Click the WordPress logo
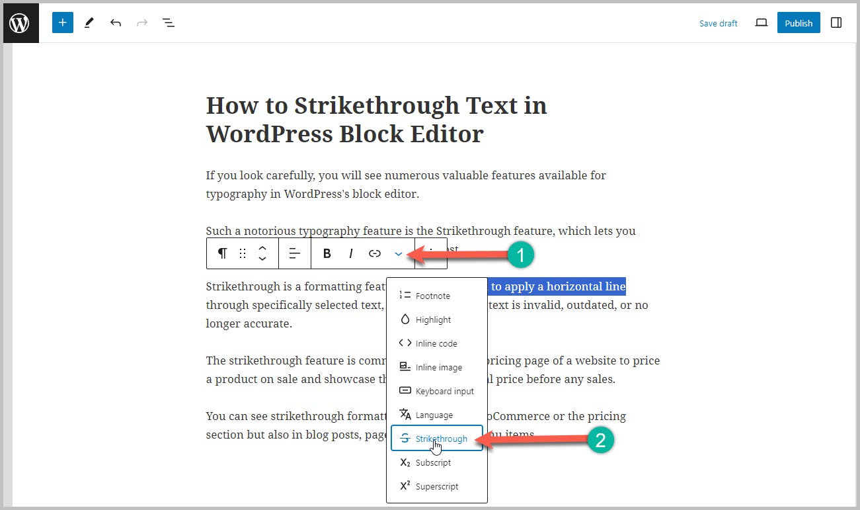click(x=20, y=23)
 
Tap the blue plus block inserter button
click(x=63, y=23)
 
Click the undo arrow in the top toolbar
click(x=116, y=23)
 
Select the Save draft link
click(x=718, y=23)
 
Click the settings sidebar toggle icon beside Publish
click(x=836, y=23)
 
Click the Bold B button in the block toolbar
click(x=327, y=253)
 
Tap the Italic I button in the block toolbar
click(x=351, y=253)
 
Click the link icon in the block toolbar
click(x=375, y=253)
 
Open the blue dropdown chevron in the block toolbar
click(x=399, y=253)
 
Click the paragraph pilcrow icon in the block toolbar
click(x=223, y=253)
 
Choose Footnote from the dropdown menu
click(x=433, y=296)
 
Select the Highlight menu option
click(x=433, y=319)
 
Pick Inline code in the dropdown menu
click(x=436, y=343)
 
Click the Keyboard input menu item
click(x=444, y=391)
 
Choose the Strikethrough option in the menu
click(x=441, y=439)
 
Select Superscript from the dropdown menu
click(x=436, y=486)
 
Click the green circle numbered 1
click(x=520, y=255)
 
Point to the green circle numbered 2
click(x=601, y=441)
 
